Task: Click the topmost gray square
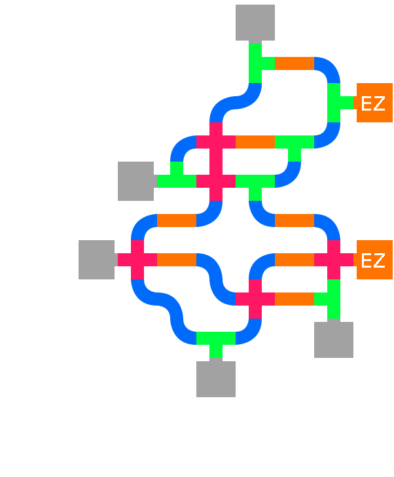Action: pyautogui.click(x=255, y=24)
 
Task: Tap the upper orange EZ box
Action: pyautogui.click(x=374, y=103)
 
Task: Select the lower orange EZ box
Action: pyautogui.click(x=374, y=260)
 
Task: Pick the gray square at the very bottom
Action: pyautogui.click(x=216, y=379)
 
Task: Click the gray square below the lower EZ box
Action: pyautogui.click(x=334, y=340)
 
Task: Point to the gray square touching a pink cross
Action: pyautogui.click(x=97, y=260)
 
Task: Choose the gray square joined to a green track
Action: pyautogui.click(x=135, y=181)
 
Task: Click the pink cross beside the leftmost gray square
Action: pyautogui.click(x=137, y=260)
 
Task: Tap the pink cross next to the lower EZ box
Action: pyautogui.click(x=334, y=260)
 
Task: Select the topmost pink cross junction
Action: pyautogui.click(x=216, y=142)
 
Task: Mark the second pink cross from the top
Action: pyautogui.click(x=216, y=181)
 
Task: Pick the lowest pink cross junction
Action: pyautogui.click(x=255, y=299)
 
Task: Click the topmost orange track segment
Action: pyautogui.click(x=295, y=63)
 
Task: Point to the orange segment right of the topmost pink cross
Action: pyautogui.click(x=255, y=142)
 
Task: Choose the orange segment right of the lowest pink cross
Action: pyautogui.click(x=294, y=299)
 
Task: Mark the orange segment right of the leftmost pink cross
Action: pyautogui.click(x=177, y=260)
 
